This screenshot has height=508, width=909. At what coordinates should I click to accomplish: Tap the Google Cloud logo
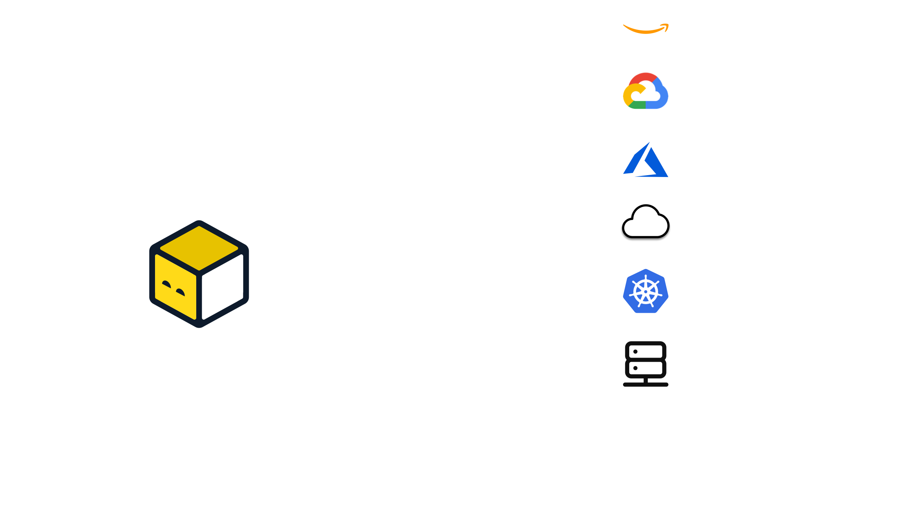pos(646,91)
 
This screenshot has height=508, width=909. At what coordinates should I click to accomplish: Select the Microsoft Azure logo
pos(646,161)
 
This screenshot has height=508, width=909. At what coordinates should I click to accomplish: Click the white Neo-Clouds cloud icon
pos(646,222)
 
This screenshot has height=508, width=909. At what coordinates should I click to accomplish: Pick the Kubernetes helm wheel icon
pos(646,291)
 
